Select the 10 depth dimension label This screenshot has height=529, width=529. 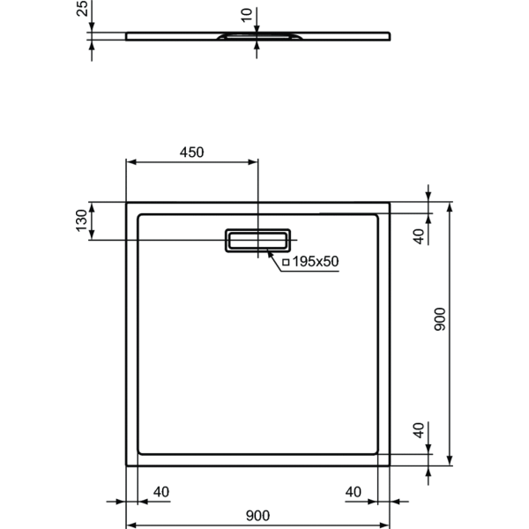pyautogui.click(x=247, y=14)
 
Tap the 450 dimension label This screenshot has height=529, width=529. pyautogui.click(x=192, y=152)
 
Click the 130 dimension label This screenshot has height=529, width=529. pyautogui.click(x=80, y=221)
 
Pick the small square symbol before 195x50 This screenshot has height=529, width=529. pyautogui.click(x=286, y=262)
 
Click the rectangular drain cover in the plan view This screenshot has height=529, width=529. pyautogui.click(x=257, y=241)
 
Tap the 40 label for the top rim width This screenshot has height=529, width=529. pyautogui.click(x=420, y=235)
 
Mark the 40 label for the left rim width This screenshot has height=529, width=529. pyautogui.click(x=161, y=491)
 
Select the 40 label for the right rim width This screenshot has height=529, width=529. pyautogui.click(x=354, y=491)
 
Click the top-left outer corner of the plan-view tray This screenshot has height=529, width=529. pyautogui.click(x=127, y=202)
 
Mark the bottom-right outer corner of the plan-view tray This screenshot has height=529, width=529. pyautogui.click(x=390, y=466)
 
